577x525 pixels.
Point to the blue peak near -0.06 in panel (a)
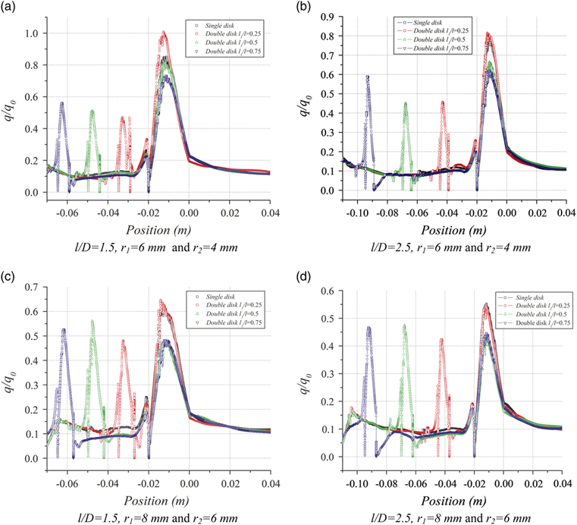[x=62, y=103]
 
